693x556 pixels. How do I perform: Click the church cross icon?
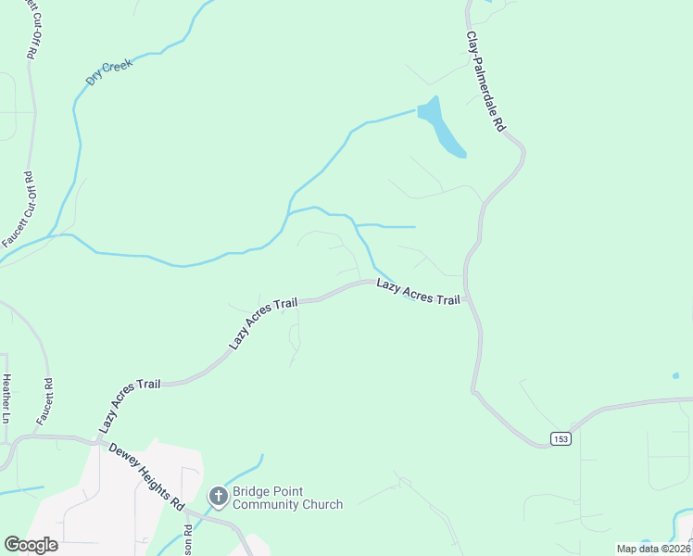point(218,498)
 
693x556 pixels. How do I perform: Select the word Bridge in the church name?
point(251,491)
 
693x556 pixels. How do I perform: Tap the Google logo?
point(31,544)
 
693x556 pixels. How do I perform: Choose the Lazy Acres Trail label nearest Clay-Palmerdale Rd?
point(418,292)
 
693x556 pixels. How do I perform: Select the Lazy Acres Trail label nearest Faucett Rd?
point(130,405)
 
